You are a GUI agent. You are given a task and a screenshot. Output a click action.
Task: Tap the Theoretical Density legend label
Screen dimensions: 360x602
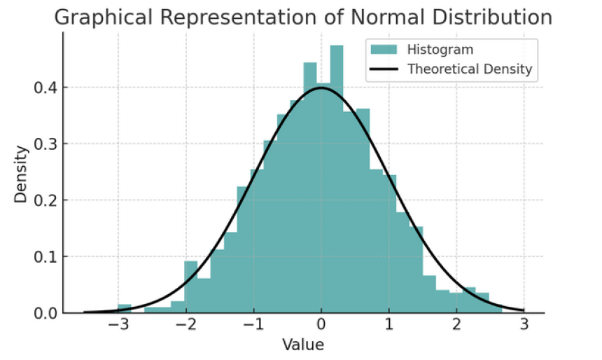pos(470,69)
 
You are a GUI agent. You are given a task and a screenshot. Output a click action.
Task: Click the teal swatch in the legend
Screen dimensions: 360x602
pos(384,50)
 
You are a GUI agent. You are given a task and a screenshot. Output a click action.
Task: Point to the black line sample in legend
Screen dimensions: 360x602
pos(384,69)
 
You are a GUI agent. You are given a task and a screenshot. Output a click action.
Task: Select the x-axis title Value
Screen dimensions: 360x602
pos(303,344)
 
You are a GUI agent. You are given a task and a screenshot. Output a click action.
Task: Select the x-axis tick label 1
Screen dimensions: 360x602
pos(388,326)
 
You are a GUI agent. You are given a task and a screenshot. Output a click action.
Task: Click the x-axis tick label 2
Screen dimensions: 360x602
pos(456,326)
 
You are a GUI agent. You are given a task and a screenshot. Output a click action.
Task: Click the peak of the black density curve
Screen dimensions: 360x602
pos(321,88)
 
